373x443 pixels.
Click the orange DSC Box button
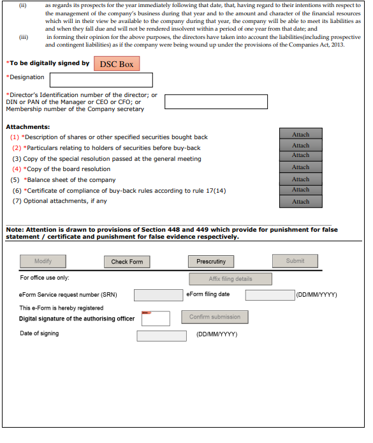pos(117,64)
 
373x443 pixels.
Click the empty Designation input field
pos(101,80)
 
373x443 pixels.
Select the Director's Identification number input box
pos(216,101)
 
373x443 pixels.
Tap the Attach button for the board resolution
pos(301,167)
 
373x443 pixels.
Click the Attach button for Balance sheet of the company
pos(301,179)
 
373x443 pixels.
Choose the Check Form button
pos(127,262)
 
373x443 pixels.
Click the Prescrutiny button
pos(211,262)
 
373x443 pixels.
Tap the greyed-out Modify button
pos(43,261)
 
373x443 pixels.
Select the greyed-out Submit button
pos(295,261)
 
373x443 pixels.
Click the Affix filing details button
pos(231,279)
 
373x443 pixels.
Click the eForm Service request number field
pos(159,296)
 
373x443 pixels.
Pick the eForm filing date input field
pos(270,295)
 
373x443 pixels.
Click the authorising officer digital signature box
pos(156,319)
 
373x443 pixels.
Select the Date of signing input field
pos(162,336)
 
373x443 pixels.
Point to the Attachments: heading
pos(28,127)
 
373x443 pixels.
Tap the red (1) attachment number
pos(15,137)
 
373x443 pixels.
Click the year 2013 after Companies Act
pos(338,45)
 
